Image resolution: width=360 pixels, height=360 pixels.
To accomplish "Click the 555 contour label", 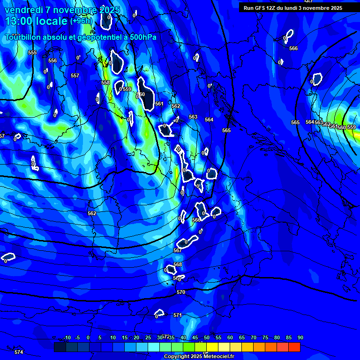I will point(32,52).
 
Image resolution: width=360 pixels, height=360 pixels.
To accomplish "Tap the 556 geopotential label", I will point(52,60).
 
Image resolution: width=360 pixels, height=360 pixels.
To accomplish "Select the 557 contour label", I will point(75,75).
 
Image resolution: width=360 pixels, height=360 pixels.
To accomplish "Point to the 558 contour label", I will point(105,82).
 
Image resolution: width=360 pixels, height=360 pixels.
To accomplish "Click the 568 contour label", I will point(178,264).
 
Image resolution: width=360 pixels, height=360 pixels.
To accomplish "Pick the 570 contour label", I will point(181,292).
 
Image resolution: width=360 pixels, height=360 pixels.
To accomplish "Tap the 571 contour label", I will point(177,315).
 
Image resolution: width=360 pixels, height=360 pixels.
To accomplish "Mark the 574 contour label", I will point(19,352).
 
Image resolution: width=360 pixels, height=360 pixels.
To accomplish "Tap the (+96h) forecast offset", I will point(82,21).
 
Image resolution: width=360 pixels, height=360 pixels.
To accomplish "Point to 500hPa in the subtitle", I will point(142,37).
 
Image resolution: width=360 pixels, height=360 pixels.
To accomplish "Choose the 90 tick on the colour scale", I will point(300,337).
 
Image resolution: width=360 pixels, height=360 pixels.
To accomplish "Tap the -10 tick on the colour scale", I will point(67,337).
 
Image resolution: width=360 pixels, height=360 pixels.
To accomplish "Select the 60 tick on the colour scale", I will point(230,337).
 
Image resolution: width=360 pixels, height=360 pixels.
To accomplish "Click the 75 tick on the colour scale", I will point(265,337).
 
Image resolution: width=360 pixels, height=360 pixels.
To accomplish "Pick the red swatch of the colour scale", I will point(294,347).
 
